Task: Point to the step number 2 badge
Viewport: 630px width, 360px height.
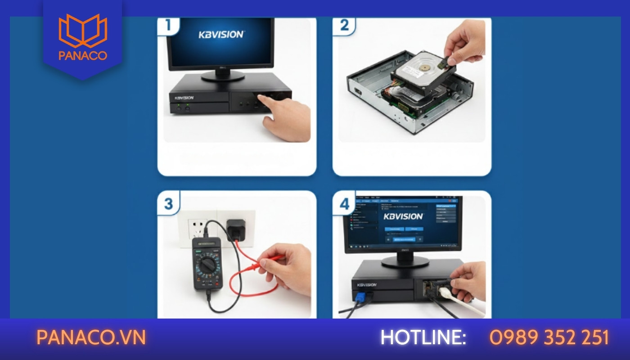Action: pyautogui.click(x=344, y=25)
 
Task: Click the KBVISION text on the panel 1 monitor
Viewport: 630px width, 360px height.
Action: pyautogui.click(x=221, y=34)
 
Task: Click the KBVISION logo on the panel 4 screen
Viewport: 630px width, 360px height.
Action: pyautogui.click(x=403, y=216)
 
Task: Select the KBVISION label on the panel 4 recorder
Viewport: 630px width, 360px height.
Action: pyautogui.click(x=367, y=285)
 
